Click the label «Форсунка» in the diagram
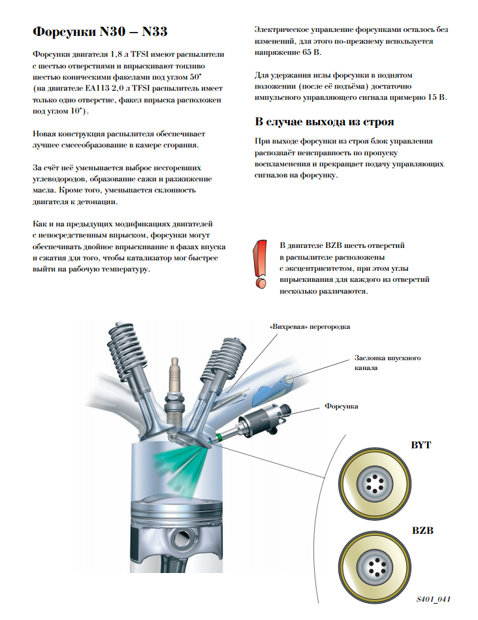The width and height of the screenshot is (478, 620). tap(341, 406)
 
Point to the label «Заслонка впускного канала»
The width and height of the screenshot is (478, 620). tap(387, 363)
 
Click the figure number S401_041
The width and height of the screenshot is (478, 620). tap(434, 598)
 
